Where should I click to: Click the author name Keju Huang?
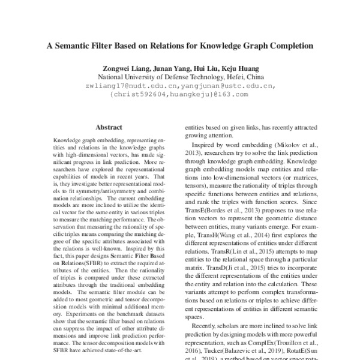click(x=244, y=68)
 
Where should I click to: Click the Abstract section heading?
click(x=109, y=127)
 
